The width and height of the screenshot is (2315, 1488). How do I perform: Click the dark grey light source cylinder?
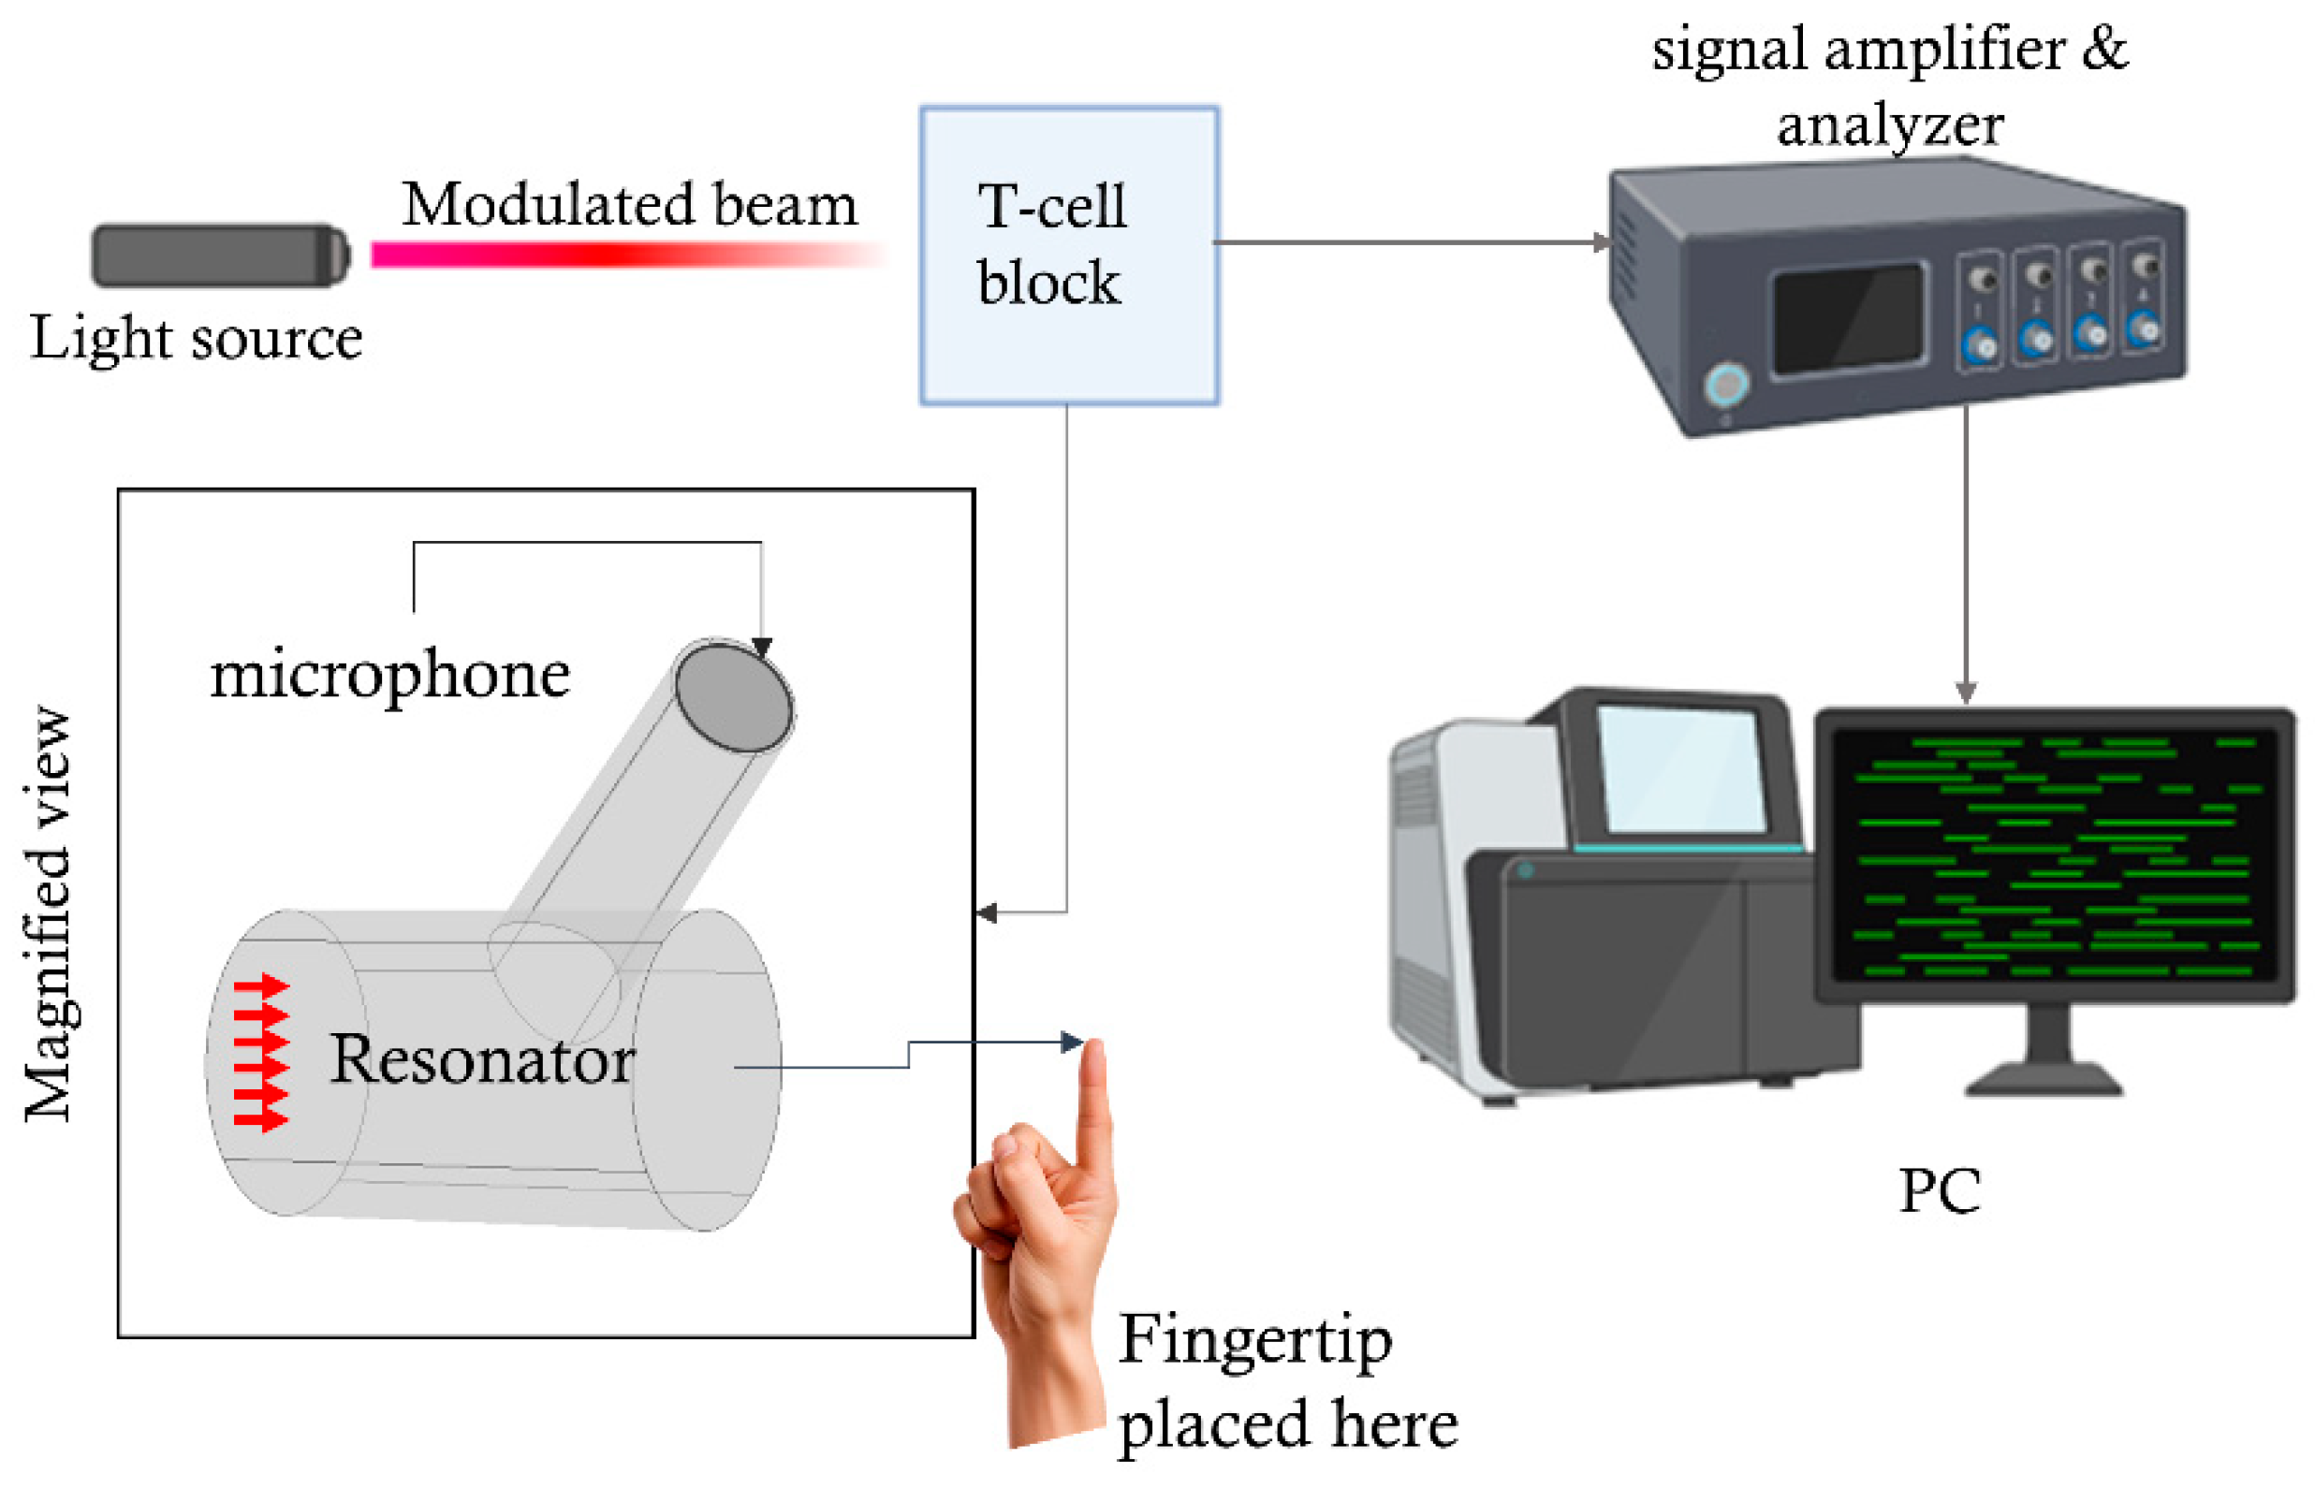tap(219, 255)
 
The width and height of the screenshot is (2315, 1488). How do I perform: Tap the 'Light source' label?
tap(197, 338)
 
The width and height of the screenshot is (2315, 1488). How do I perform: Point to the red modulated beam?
tap(619, 255)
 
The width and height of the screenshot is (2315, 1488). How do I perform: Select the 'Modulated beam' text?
tap(629, 205)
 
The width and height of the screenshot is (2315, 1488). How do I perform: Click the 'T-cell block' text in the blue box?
tap(1050, 244)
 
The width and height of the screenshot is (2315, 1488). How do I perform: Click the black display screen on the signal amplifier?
tap(1846, 318)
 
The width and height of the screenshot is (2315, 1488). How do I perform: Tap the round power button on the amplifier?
tap(1725, 385)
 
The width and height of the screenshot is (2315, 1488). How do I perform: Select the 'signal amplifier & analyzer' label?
tap(1889, 87)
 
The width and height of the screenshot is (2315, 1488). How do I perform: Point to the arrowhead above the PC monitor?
tap(1965, 692)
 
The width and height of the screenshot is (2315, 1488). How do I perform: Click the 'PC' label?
tap(1939, 1190)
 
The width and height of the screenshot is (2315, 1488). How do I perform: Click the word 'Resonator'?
tap(481, 1060)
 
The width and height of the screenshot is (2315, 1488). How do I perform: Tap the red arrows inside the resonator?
tap(261, 1052)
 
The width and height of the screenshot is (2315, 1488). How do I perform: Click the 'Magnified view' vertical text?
tap(49, 913)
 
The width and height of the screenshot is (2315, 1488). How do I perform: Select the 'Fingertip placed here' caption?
tap(1286, 1381)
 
